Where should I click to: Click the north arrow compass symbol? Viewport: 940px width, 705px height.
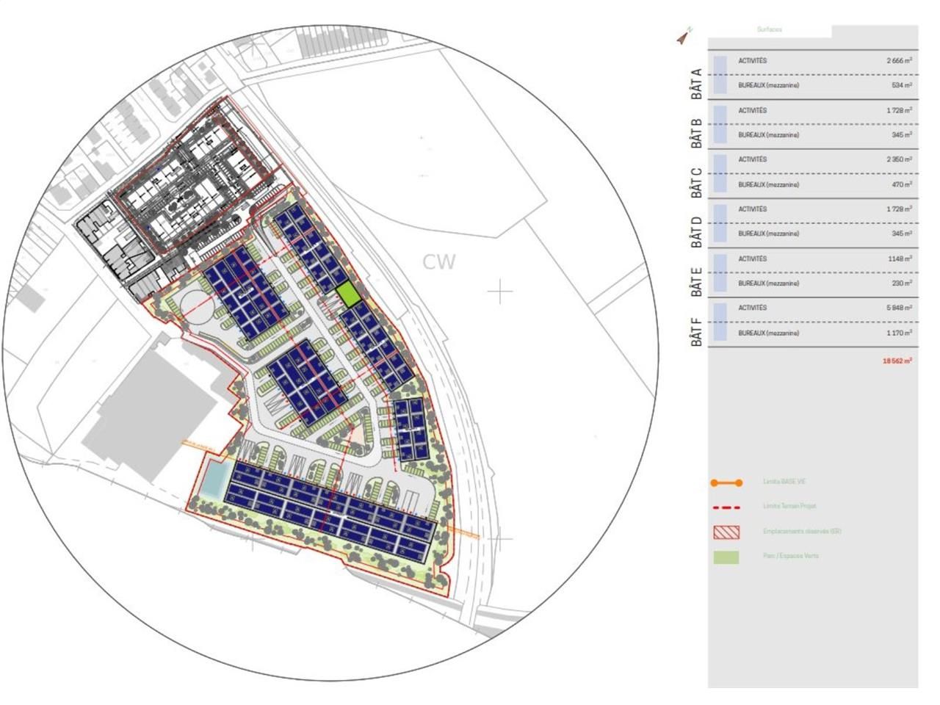click(x=684, y=36)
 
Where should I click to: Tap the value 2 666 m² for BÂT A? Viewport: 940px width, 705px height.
click(x=899, y=61)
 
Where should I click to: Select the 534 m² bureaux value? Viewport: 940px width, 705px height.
click(x=903, y=86)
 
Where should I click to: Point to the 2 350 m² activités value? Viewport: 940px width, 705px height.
click(x=899, y=160)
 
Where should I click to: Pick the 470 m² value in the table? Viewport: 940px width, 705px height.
click(x=903, y=185)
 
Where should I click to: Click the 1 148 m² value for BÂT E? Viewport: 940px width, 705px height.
click(x=900, y=259)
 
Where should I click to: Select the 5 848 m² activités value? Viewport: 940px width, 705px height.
click(x=899, y=308)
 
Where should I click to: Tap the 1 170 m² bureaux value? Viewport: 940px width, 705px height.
click(x=900, y=333)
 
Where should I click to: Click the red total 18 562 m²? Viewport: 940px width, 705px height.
click(x=897, y=361)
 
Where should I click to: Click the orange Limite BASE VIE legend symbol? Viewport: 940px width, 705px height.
click(x=726, y=482)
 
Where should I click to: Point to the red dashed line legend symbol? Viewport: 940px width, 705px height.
click(x=726, y=507)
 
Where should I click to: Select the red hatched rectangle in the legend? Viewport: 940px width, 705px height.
click(x=726, y=532)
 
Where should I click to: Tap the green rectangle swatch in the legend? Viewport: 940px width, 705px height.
click(x=726, y=557)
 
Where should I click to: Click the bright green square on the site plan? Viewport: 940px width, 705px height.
click(x=348, y=295)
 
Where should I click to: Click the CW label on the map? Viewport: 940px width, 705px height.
click(x=439, y=262)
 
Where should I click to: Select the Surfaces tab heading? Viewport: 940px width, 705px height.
click(x=770, y=30)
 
